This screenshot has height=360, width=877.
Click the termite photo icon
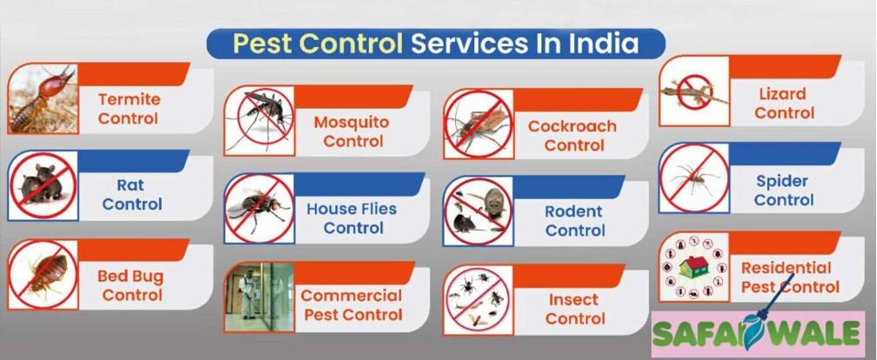pos(43,97)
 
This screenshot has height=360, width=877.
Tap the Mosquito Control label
pos(351,131)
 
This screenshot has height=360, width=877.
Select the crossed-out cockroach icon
pos(479,123)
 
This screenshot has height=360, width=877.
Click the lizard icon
pos(694,91)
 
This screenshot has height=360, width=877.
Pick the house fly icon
pos(259,208)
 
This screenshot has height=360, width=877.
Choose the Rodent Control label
pos(575,221)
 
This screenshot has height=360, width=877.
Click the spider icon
pos(694,177)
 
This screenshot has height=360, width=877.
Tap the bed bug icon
pos(44,275)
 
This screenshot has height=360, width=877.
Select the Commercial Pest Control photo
pos(259,297)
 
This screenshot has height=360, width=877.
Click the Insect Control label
pos(575,310)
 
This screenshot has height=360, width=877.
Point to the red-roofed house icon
pos(693,267)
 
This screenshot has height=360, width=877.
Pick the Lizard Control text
pos(784,103)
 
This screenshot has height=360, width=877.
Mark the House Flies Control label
pos(351,218)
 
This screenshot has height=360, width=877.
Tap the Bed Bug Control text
pos(131,285)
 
